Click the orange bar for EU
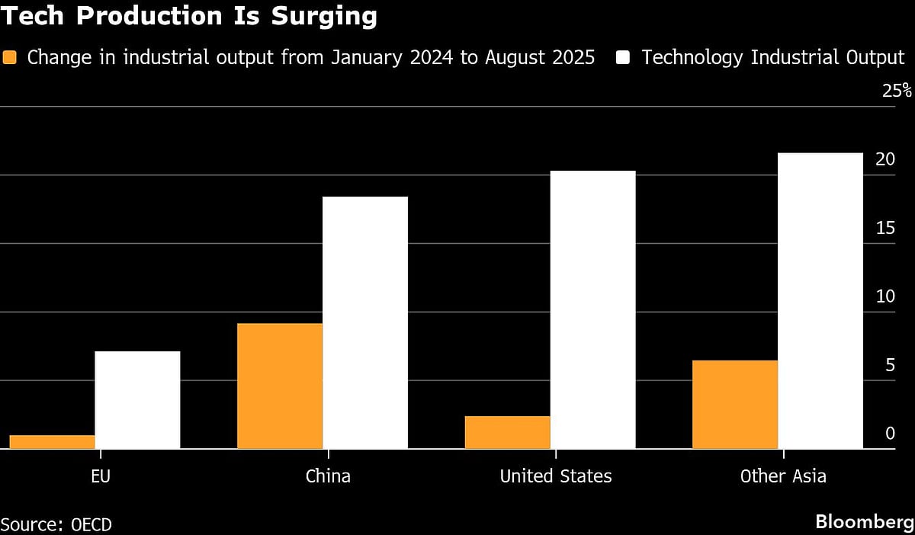pyautogui.click(x=52, y=442)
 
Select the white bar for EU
pyautogui.click(x=137, y=400)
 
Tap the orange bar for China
pyautogui.click(x=280, y=386)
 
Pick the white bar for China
pyautogui.click(x=365, y=322)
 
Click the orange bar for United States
pyautogui.click(x=507, y=432)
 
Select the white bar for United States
pyautogui.click(x=592, y=309)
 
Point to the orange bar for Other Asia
pyautogui.click(x=735, y=405)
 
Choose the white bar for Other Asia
pyautogui.click(x=820, y=301)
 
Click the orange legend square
pyautogui.click(x=9, y=57)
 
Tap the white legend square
pyautogui.click(x=623, y=57)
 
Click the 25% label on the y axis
pyautogui.click(x=896, y=91)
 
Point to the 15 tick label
pyautogui.click(x=885, y=228)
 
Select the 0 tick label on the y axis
pyautogui.click(x=890, y=434)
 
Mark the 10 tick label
pyautogui.click(x=885, y=296)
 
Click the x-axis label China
pyautogui.click(x=328, y=477)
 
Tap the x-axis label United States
pyautogui.click(x=555, y=477)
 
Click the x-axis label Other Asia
pyautogui.click(x=783, y=477)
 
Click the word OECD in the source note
pyautogui.click(x=91, y=524)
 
